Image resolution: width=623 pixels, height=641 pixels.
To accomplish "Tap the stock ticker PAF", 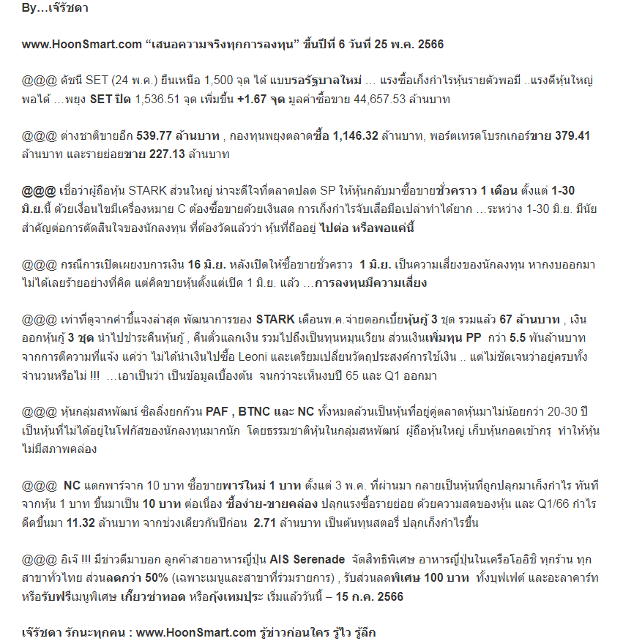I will coord(220,412).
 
